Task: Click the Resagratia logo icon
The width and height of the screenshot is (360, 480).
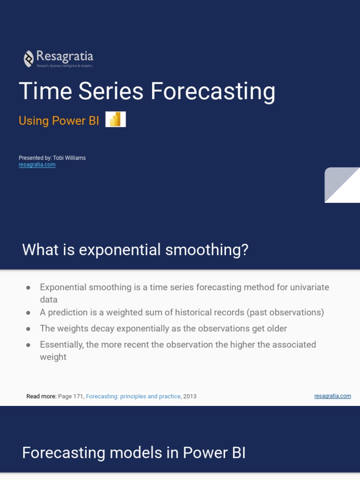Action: pos(29,59)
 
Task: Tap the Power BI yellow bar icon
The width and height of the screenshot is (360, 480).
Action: pos(115,120)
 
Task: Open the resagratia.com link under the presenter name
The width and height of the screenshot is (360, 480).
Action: pos(37,165)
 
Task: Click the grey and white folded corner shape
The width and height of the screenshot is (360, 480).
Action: pos(342,185)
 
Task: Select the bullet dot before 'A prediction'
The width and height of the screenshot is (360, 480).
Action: pos(29,312)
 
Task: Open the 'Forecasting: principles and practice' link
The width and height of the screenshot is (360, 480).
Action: pos(133,396)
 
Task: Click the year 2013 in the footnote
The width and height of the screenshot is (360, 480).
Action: pos(190,396)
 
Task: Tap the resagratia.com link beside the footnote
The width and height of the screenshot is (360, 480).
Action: pos(332,396)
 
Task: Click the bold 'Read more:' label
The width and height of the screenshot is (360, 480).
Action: pos(41,396)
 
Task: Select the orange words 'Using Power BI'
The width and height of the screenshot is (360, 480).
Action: pos(59,120)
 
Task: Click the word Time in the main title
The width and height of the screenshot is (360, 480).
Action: pos(45,91)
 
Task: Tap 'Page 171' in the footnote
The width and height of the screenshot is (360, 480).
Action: pos(71,396)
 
